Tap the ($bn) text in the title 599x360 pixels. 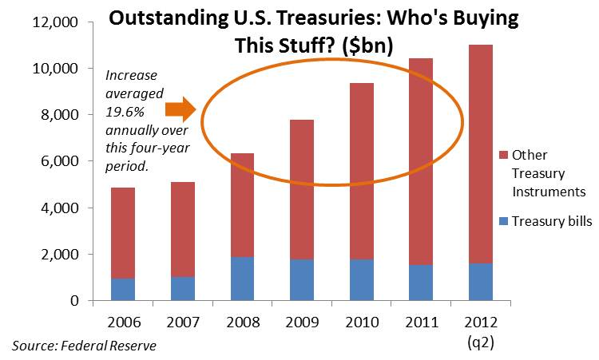(x=363, y=45)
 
